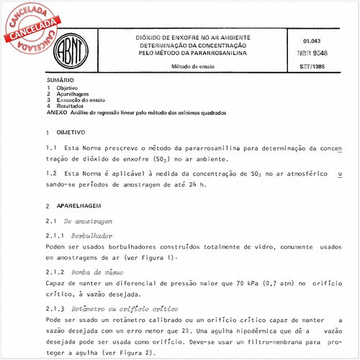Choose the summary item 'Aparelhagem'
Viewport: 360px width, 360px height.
click(73, 94)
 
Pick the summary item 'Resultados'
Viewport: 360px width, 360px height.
click(71, 107)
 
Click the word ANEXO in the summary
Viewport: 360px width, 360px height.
click(55, 113)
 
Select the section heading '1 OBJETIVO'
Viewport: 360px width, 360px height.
click(66, 133)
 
